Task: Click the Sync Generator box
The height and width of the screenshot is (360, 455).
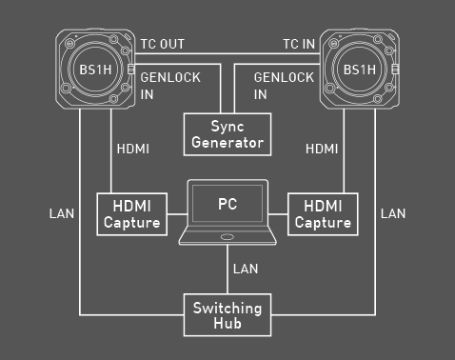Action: coord(227,133)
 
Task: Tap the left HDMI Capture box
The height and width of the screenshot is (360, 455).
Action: coord(131,214)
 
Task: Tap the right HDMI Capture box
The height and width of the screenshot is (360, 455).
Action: coord(324,214)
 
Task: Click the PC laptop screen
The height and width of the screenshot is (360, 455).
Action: coord(227,204)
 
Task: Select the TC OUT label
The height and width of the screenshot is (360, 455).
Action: coord(163,44)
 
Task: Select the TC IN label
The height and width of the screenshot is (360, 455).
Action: coord(299,44)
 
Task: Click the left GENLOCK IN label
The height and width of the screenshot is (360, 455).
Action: coord(170,86)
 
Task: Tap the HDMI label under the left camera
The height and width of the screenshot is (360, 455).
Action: coord(132,150)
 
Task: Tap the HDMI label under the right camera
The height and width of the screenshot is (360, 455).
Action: coord(324,150)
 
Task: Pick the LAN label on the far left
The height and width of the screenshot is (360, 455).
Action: coord(62,213)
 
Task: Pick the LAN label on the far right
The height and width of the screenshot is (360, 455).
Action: coord(393,213)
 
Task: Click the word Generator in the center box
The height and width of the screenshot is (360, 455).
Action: coord(227,143)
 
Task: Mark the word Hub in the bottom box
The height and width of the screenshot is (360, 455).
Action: coord(227,325)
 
